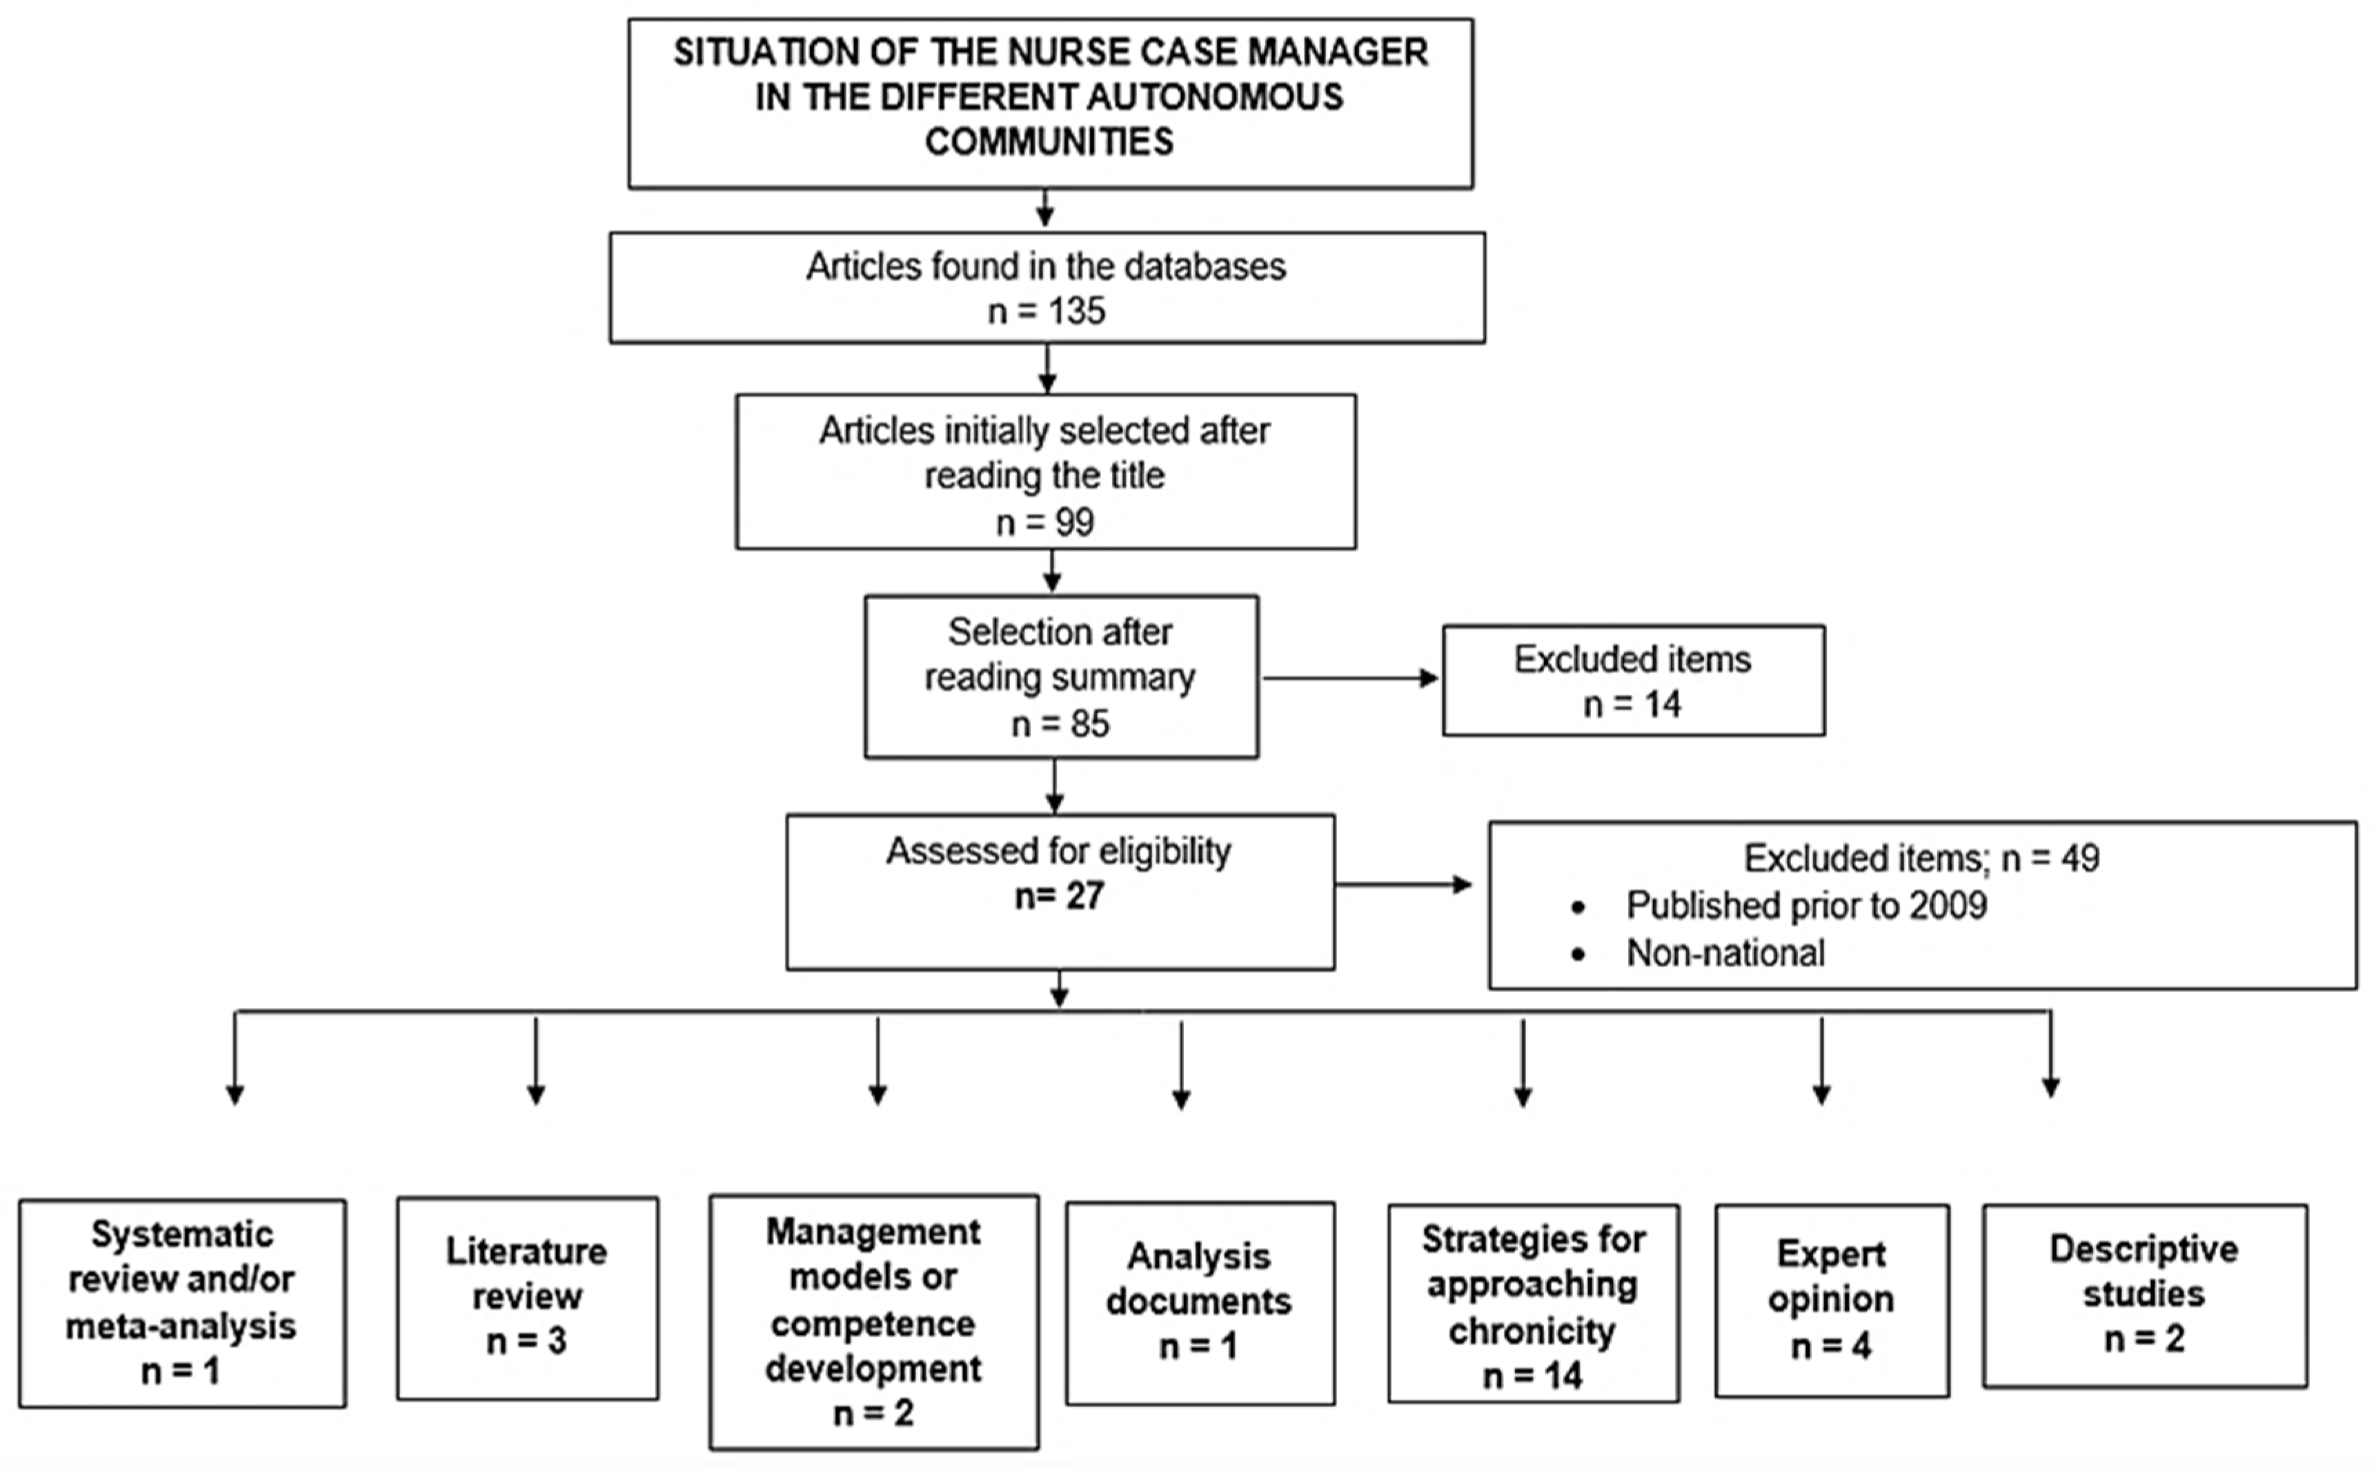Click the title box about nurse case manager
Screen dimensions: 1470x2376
(x=1050, y=102)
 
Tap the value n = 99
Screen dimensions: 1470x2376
(x=1045, y=522)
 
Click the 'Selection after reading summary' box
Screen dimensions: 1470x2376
(x=1060, y=677)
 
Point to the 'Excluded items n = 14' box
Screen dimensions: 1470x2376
(x=1633, y=681)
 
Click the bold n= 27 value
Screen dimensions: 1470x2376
(x=1060, y=895)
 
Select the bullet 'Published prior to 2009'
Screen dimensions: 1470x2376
(x=1805, y=906)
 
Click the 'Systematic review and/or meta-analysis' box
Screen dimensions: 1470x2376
(x=182, y=1303)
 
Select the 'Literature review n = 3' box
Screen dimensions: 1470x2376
(x=527, y=1298)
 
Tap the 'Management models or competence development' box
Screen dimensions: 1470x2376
(x=873, y=1322)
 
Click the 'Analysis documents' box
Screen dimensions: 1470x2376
(x=1200, y=1303)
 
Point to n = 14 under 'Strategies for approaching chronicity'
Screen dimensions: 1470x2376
(x=1532, y=1375)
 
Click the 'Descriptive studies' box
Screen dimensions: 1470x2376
(x=2145, y=1295)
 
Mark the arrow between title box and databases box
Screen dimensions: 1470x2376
(x=1045, y=208)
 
